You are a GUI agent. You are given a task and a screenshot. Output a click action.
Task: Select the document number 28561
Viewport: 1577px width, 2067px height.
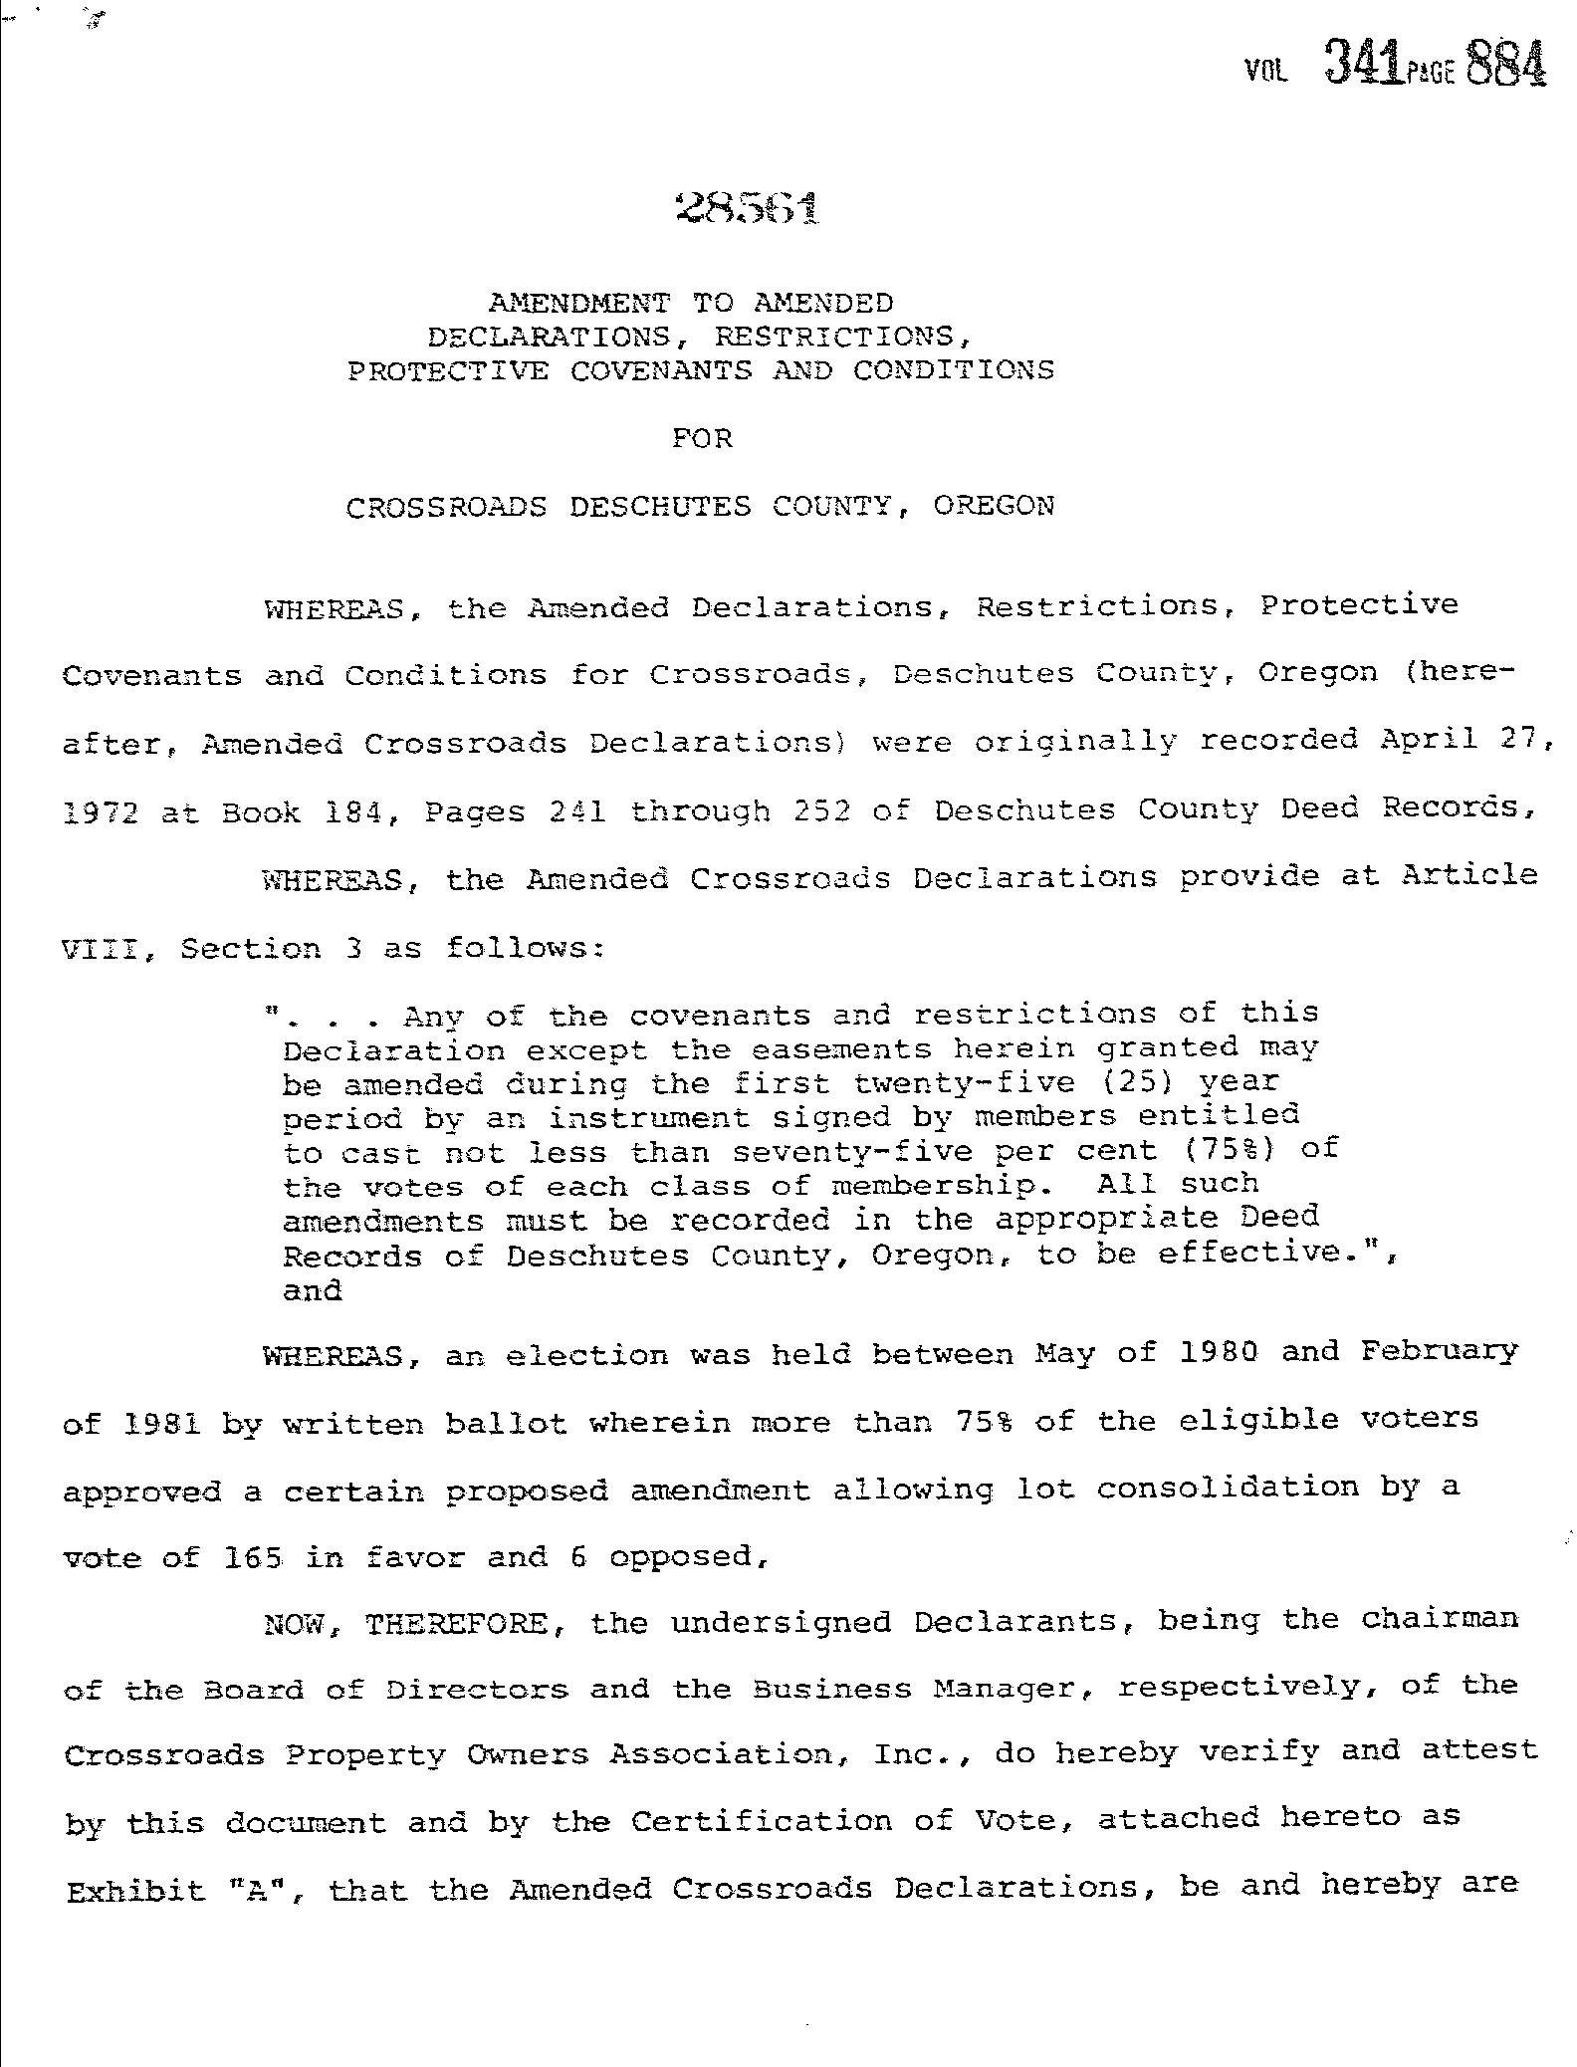pyautogui.click(x=748, y=207)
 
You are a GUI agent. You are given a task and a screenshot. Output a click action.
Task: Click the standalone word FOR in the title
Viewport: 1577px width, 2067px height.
pyautogui.click(x=702, y=438)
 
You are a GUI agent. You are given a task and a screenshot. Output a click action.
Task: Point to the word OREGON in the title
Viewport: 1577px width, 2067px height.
pyautogui.click(x=994, y=506)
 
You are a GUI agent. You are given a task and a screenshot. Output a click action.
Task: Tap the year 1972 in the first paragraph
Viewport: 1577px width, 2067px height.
pyautogui.click(x=100, y=812)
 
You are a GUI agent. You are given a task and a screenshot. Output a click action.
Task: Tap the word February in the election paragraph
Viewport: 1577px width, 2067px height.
pyautogui.click(x=1439, y=1352)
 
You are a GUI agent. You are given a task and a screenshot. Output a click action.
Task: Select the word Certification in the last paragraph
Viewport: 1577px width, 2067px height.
pyautogui.click(x=761, y=1822)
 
